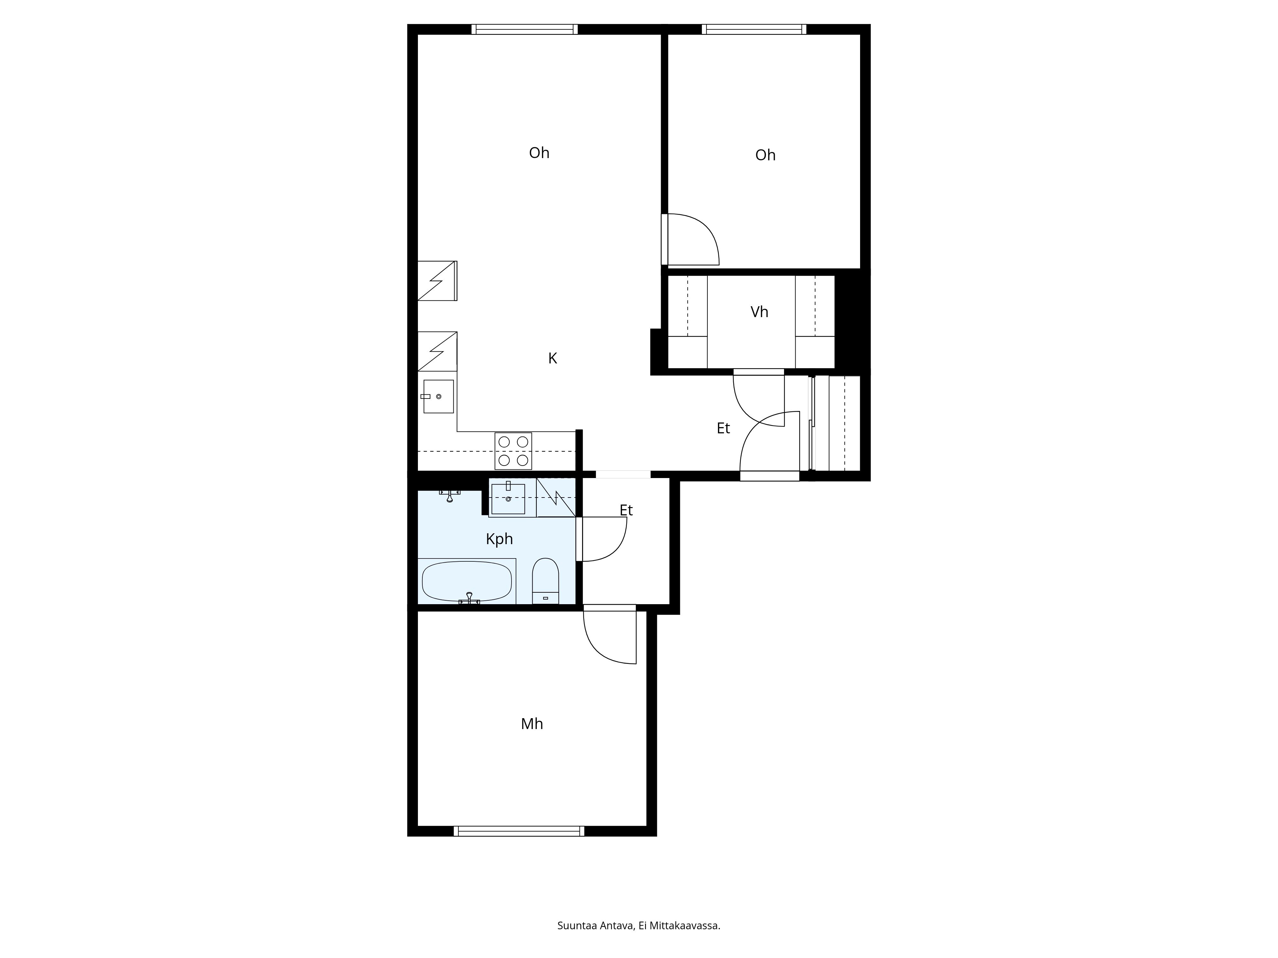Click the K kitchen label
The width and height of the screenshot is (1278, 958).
point(552,359)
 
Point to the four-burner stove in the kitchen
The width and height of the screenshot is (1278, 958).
point(513,451)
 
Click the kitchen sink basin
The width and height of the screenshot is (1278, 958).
point(439,396)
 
